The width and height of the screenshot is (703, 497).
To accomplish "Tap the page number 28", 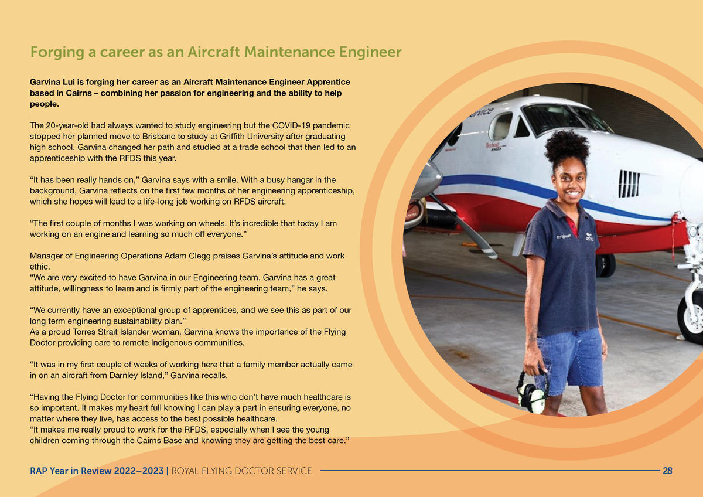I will [667, 471].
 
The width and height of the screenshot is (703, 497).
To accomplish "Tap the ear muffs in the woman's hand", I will [532, 394].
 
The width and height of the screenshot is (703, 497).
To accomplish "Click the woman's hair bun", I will [567, 147].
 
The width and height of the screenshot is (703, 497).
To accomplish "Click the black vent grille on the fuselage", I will [629, 183].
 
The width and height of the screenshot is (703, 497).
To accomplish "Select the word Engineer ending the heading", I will [371, 53].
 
